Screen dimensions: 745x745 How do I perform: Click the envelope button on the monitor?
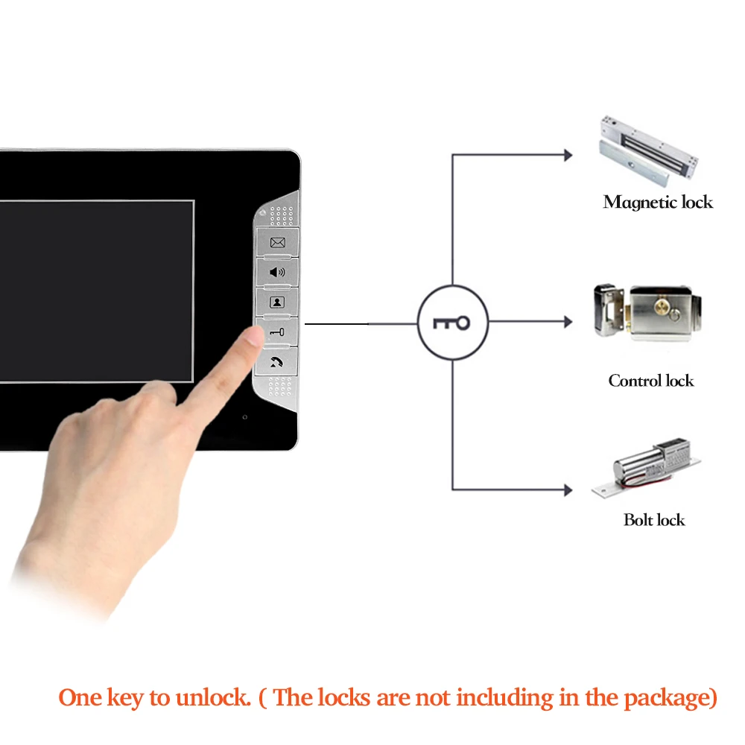(x=277, y=242)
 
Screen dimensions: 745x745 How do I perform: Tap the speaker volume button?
(x=277, y=272)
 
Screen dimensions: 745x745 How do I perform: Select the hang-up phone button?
(x=276, y=362)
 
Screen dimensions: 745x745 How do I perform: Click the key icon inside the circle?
(x=451, y=323)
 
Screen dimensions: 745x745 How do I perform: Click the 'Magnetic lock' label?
(x=658, y=202)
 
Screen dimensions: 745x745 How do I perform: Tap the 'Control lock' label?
(x=651, y=381)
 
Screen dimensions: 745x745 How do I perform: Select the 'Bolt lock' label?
(x=654, y=520)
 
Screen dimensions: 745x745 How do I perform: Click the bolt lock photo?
(x=647, y=468)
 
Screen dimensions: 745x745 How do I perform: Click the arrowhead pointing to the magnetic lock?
(x=568, y=155)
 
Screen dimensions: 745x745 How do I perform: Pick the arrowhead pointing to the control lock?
(x=568, y=322)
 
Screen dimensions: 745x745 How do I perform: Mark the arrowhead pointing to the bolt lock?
(x=568, y=490)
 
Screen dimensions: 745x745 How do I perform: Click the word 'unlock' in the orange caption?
(x=212, y=698)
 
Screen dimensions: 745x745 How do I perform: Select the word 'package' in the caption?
(x=665, y=699)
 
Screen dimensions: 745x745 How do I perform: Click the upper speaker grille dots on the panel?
(x=282, y=215)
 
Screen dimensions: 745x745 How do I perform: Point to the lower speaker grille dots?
(x=280, y=387)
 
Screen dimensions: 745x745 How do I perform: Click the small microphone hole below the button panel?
(x=244, y=417)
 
